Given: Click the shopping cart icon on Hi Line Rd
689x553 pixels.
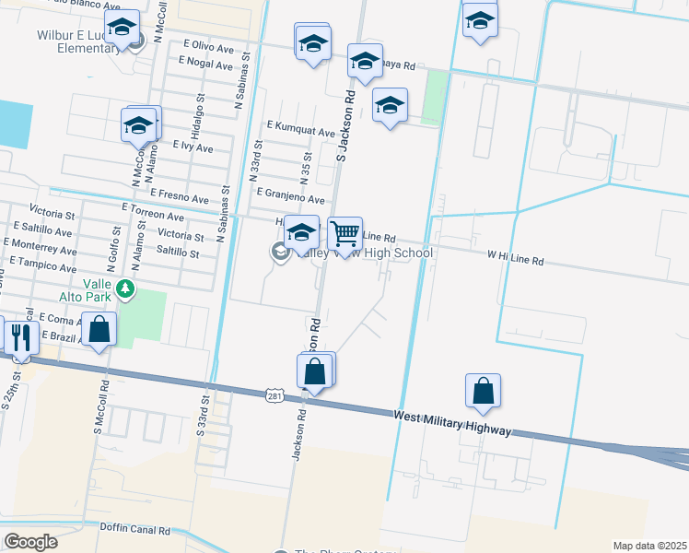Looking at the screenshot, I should click(x=344, y=234).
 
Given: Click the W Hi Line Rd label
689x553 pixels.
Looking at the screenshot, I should click(x=515, y=261).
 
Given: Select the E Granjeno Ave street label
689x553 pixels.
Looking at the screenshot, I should click(x=290, y=198).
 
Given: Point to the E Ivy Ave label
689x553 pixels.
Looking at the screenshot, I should click(x=193, y=147).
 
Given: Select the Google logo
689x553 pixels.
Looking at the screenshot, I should click(x=30, y=541).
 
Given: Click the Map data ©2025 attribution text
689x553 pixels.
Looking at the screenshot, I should click(x=649, y=546).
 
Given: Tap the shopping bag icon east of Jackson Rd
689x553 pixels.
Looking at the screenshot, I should click(x=484, y=392).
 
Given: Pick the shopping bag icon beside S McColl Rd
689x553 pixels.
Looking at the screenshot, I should click(x=99, y=329).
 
